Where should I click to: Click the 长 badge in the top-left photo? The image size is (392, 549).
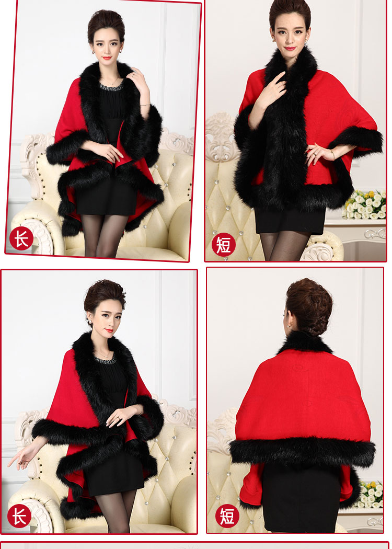click(21, 238)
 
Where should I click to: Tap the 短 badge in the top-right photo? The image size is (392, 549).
click(223, 244)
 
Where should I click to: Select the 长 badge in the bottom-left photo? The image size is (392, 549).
click(19, 516)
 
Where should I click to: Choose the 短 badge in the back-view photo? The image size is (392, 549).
click(227, 516)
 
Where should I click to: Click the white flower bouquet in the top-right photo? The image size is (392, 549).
click(365, 204)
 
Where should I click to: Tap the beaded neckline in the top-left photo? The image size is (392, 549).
click(112, 86)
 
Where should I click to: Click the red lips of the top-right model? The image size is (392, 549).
click(290, 48)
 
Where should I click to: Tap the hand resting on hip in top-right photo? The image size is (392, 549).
click(317, 153)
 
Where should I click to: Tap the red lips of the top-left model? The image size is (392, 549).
click(107, 58)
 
